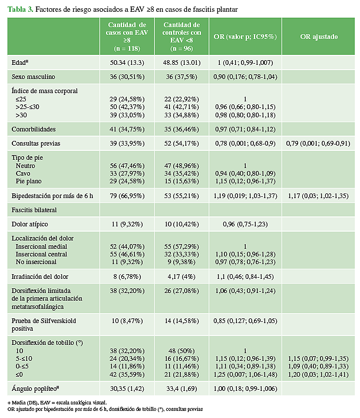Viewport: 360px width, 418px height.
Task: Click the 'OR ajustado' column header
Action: click(x=319, y=37)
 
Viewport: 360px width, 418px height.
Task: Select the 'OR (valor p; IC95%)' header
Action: click(x=245, y=37)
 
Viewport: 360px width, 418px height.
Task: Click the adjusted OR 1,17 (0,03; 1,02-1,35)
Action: click(x=319, y=195)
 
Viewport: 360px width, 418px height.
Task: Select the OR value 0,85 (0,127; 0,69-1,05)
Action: click(x=245, y=321)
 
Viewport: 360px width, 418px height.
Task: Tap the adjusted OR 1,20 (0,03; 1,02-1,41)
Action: click(x=319, y=374)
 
